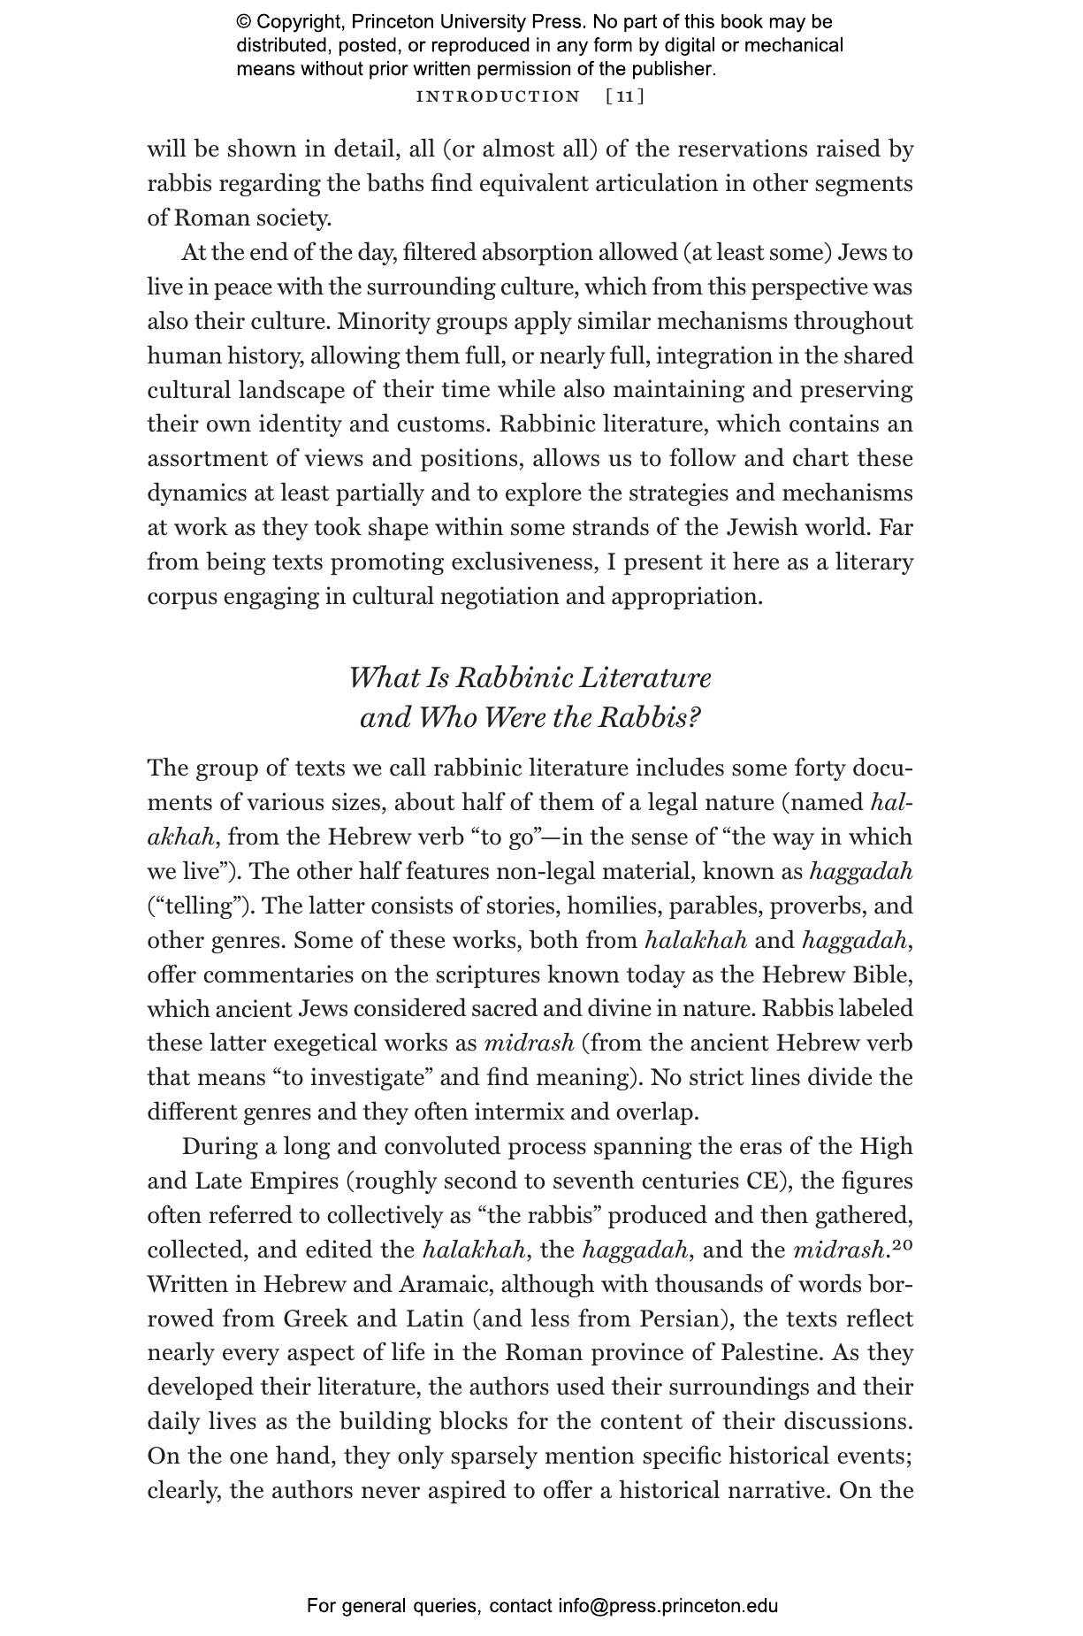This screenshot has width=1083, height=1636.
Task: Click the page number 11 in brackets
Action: (625, 96)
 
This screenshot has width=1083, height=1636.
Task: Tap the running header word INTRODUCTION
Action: (498, 96)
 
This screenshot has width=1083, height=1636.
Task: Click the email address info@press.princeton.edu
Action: (667, 1606)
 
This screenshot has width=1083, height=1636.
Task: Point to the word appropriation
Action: (685, 596)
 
